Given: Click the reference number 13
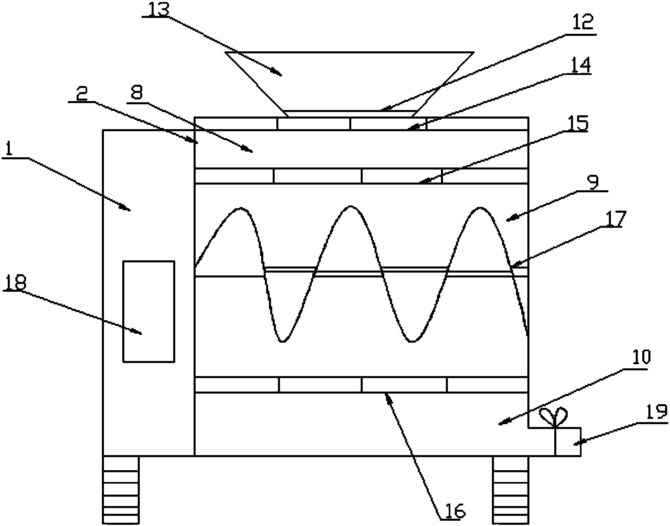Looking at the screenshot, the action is tap(159, 10).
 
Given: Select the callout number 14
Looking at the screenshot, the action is tap(581, 65).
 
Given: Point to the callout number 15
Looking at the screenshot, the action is tap(578, 123).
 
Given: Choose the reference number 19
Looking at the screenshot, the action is tap(657, 412).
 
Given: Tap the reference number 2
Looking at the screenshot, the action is tap(82, 94).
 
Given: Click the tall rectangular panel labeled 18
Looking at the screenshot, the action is tap(149, 312).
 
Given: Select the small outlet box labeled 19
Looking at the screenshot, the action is tap(568, 442).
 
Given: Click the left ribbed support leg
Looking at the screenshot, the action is tap(121, 490).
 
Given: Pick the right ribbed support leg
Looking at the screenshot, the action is tap(510, 490).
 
